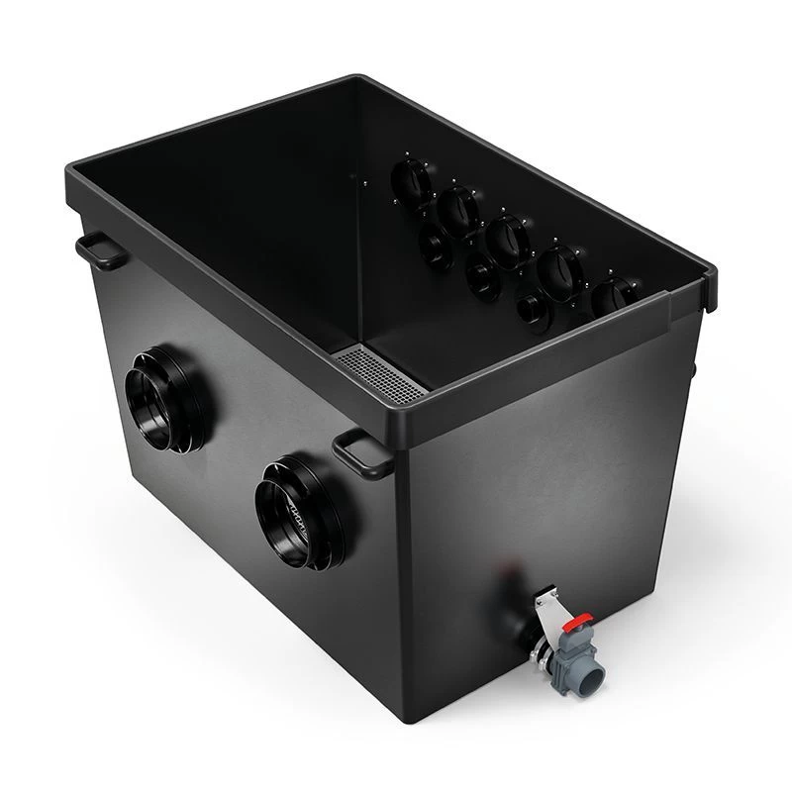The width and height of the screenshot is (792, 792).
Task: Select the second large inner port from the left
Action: point(457,210)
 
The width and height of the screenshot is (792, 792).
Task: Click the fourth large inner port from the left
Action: point(560,269)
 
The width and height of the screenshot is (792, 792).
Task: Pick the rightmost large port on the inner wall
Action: point(615,297)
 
